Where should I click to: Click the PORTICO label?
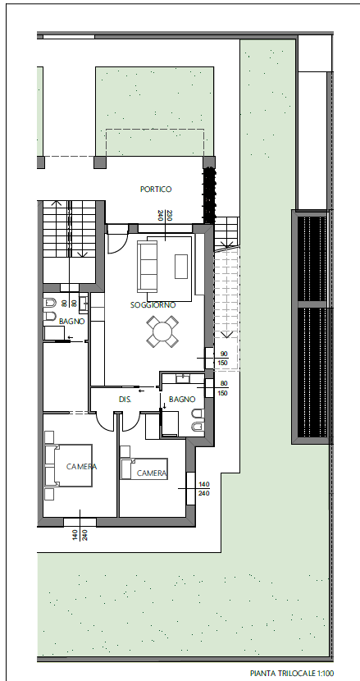tap(156, 189)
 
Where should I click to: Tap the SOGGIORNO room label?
tap(153, 305)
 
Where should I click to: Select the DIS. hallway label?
tap(125, 399)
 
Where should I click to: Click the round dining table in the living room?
tap(162, 331)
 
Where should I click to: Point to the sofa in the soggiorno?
tap(147, 267)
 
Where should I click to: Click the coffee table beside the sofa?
tap(181, 266)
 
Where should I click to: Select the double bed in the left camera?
tap(69, 465)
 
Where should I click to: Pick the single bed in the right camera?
tap(144, 468)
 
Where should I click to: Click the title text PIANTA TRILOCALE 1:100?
tap(292, 673)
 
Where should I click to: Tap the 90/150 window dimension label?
tap(224, 359)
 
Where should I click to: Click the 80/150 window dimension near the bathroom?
tap(224, 388)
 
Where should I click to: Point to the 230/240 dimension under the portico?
tap(165, 216)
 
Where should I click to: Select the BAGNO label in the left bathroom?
tap(71, 322)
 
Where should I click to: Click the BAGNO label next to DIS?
tap(182, 399)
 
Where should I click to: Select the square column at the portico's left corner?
tap(100, 162)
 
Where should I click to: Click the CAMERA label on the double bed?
tap(82, 467)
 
